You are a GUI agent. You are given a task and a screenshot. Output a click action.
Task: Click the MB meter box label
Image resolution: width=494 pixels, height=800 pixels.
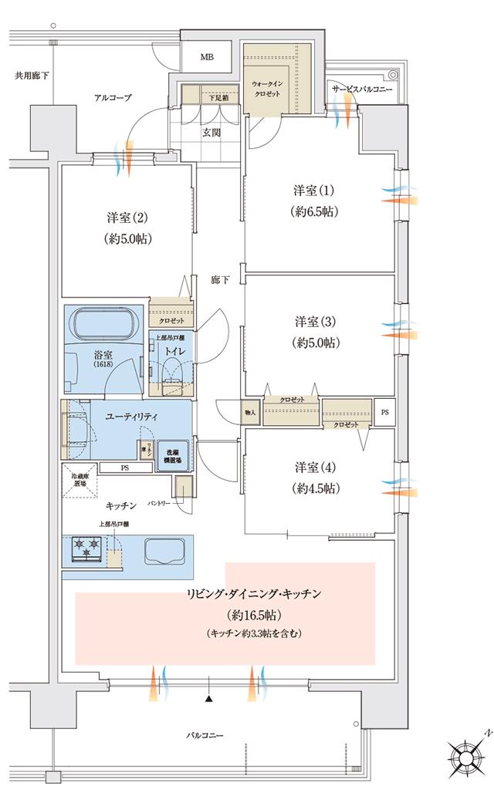tap(207, 57)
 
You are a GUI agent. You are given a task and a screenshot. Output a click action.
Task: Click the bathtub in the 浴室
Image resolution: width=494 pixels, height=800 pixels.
tap(107, 323)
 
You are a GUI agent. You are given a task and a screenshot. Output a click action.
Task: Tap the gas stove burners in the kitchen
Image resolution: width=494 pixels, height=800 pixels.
tap(86, 548)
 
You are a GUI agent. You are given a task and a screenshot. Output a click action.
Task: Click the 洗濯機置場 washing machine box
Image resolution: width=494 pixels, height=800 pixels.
tap(171, 455)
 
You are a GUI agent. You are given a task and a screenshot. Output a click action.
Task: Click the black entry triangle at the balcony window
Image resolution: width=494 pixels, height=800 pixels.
tap(208, 699)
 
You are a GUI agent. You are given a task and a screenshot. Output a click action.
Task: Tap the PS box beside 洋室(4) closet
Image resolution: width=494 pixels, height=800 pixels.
tap(384, 412)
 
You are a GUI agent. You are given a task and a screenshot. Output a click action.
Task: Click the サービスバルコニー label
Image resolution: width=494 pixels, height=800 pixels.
tap(362, 90)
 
